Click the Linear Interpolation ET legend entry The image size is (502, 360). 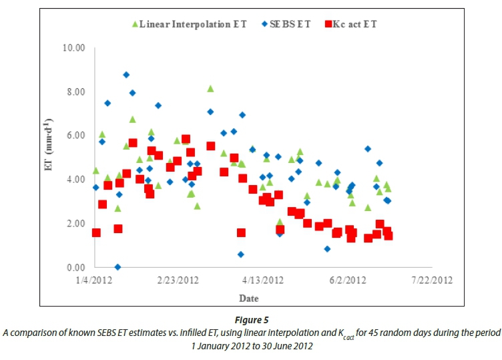click(189, 24)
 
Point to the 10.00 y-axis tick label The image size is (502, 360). click(75, 48)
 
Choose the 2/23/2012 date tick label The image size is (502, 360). click(178, 280)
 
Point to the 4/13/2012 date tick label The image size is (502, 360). click(264, 280)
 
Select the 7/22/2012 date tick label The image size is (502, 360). click(432, 280)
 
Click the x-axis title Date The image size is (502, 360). click(249, 298)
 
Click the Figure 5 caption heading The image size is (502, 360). click(251, 320)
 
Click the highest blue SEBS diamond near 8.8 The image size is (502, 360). click(126, 75)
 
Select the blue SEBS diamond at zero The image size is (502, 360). click(117, 267)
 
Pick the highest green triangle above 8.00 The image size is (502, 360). click(210, 89)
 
